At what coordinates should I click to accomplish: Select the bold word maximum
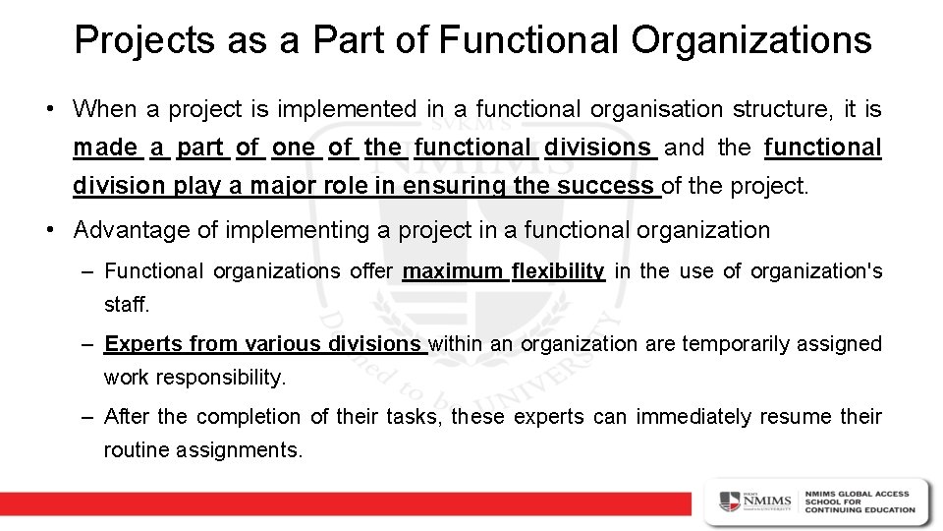coord(453,270)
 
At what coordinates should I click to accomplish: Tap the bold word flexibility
coord(558,270)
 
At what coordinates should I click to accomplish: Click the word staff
coord(127,305)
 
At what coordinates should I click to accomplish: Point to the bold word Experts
coord(143,344)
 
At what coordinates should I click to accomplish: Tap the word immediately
coord(695,417)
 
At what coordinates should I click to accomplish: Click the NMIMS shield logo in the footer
coord(729,501)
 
